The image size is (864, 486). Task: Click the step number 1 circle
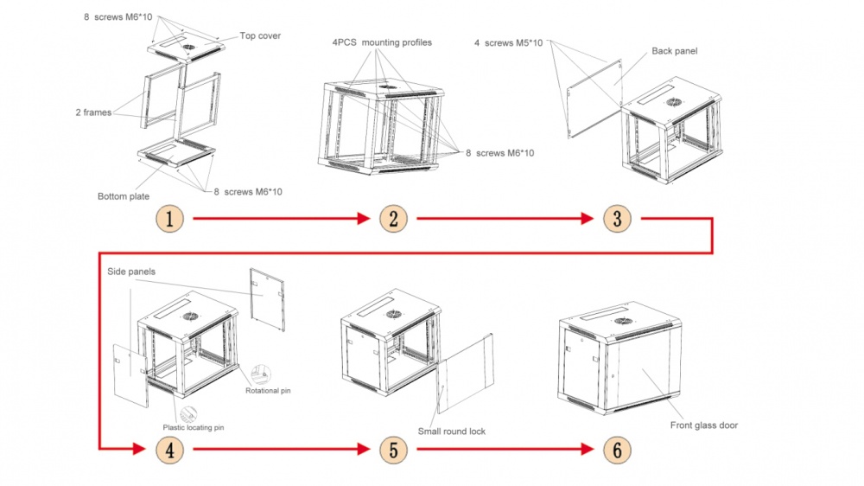tap(170, 219)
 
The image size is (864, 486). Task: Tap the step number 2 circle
tap(392, 219)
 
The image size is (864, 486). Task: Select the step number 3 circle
tap(616, 219)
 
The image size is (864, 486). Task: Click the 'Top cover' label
tap(260, 36)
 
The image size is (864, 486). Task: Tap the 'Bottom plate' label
tap(123, 196)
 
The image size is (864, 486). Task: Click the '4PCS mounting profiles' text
tap(381, 42)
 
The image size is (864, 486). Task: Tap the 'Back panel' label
tap(674, 51)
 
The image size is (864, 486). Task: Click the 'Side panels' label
tap(131, 271)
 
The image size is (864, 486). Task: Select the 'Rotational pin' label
tap(269, 391)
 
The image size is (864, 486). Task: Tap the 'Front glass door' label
tap(703, 425)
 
